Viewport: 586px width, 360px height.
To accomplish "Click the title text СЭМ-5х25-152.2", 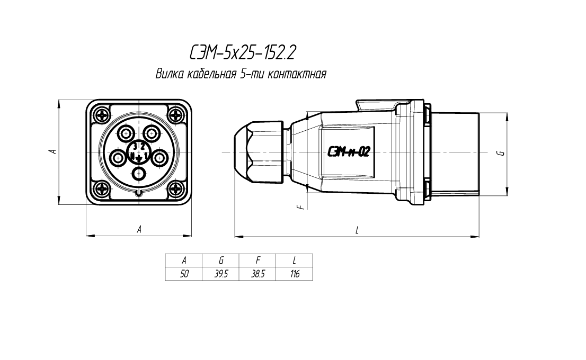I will tap(242, 53).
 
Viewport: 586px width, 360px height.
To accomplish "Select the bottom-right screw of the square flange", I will tap(175, 189).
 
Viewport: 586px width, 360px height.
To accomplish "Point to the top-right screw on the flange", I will tap(175, 114).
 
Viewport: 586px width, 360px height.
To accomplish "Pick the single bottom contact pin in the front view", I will tap(139, 173).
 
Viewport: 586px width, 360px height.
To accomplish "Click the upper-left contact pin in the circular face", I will tap(127, 133).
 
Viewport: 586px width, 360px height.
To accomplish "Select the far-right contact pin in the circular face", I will tap(160, 156).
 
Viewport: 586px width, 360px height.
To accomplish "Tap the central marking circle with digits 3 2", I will tap(139, 152).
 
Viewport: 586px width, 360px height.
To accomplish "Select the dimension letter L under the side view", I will tap(358, 230).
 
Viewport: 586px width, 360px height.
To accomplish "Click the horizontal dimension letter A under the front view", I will tap(139, 229).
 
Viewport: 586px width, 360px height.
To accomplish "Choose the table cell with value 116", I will tap(294, 274).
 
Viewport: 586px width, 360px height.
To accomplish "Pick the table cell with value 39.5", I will tap(221, 274).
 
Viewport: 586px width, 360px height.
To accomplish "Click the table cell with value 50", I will tap(184, 274).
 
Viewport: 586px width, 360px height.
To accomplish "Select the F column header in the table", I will tap(258, 260).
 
